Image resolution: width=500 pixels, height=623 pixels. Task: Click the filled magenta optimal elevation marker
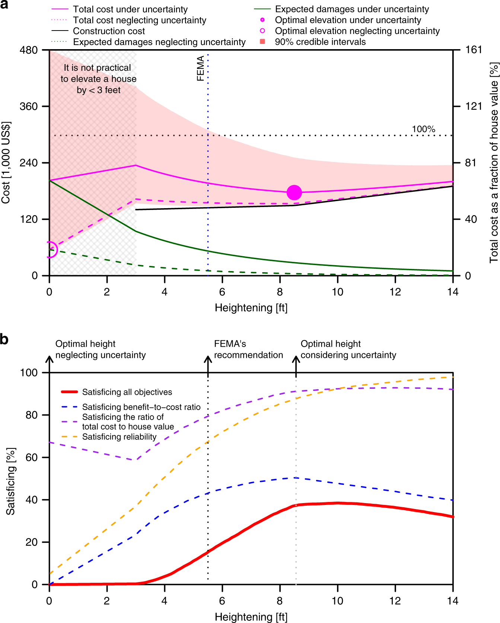(x=294, y=193)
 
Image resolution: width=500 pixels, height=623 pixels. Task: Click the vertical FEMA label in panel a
(x=200, y=68)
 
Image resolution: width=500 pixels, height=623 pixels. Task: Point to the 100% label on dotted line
(x=423, y=129)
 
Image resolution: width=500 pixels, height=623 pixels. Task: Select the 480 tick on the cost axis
(x=28, y=50)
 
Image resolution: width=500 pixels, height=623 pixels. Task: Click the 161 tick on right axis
(x=474, y=50)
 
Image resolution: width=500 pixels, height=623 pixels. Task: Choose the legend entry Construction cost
(x=109, y=31)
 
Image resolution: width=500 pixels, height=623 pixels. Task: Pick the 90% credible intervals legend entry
(x=320, y=42)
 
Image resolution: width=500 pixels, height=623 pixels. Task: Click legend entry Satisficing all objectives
(x=127, y=392)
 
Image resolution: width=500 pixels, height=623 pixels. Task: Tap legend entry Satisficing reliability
(x=119, y=437)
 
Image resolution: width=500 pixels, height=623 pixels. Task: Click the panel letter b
(x=4, y=339)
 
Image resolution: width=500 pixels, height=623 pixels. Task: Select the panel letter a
(x=4, y=5)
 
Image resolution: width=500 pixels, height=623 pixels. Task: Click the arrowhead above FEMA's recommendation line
(x=208, y=359)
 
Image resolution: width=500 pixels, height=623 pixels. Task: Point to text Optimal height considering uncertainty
(x=348, y=349)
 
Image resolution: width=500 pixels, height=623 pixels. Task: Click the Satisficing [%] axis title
(x=10, y=481)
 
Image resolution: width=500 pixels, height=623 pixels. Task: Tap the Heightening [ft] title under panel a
(x=251, y=308)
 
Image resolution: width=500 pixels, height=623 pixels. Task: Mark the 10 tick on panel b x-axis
(x=337, y=601)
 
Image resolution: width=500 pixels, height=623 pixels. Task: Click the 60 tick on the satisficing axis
(x=32, y=457)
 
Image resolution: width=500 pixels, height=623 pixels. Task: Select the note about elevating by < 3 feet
(x=98, y=79)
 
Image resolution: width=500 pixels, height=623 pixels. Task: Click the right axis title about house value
(x=494, y=163)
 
